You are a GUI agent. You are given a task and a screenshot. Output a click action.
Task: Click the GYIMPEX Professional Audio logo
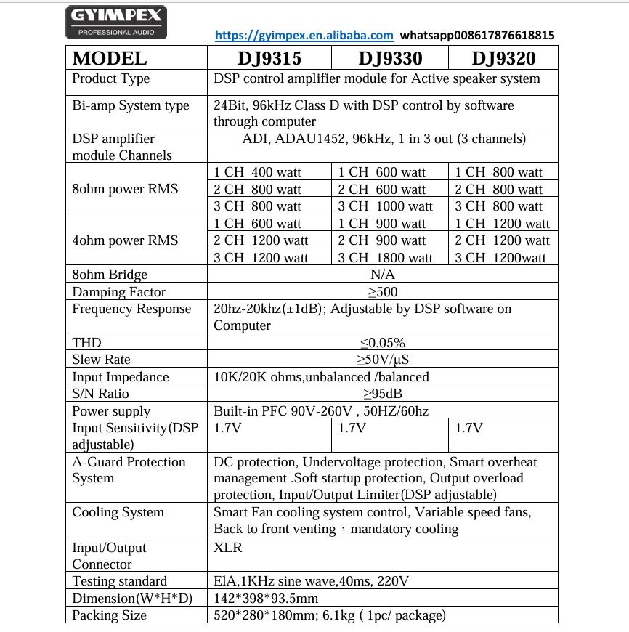pyautogui.click(x=117, y=22)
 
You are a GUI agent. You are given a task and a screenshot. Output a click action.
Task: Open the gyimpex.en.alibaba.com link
pyautogui.click(x=305, y=35)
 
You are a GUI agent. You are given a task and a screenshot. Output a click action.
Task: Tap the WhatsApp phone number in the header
pyautogui.click(x=477, y=35)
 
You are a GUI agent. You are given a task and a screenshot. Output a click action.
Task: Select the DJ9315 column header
pyautogui.click(x=269, y=58)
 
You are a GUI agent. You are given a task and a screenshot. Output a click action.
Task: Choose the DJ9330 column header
pyautogui.click(x=390, y=58)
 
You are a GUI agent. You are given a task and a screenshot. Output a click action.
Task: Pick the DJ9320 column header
pyautogui.click(x=503, y=58)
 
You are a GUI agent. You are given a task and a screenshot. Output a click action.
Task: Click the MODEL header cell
pyautogui.click(x=110, y=58)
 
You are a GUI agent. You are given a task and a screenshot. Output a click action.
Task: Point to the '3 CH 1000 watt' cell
pyautogui.click(x=386, y=206)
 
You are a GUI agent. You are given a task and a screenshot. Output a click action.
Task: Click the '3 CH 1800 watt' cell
pyautogui.click(x=386, y=257)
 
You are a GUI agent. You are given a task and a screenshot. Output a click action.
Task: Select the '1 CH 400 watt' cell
pyautogui.click(x=258, y=172)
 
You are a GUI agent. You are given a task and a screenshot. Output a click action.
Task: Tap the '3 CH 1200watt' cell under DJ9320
pyautogui.click(x=500, y=257)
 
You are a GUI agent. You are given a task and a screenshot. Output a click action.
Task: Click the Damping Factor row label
pyautogui.click(x=119, y=291)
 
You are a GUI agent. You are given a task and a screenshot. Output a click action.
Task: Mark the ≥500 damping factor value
pyautogui.click(x=383, y=291)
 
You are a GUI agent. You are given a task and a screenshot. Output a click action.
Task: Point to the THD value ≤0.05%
pyautogui.click(x=383, y=343)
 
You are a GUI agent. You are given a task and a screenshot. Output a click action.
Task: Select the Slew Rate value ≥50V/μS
pyautogui.click(x=383, y=360)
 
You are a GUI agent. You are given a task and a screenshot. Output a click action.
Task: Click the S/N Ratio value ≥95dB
pyautogui.click(x=383, y=394)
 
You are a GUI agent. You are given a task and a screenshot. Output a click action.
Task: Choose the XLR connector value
pyautogui.click(x=228, y=547)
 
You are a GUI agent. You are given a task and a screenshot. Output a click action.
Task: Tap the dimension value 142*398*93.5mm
pyautogui.click(x=266, y=598)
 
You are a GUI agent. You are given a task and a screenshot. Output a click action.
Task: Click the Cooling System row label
pyautogui.click(x=118, y=512)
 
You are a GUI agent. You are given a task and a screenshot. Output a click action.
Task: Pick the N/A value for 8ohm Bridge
pyautogui.click(x=383, y=275)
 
